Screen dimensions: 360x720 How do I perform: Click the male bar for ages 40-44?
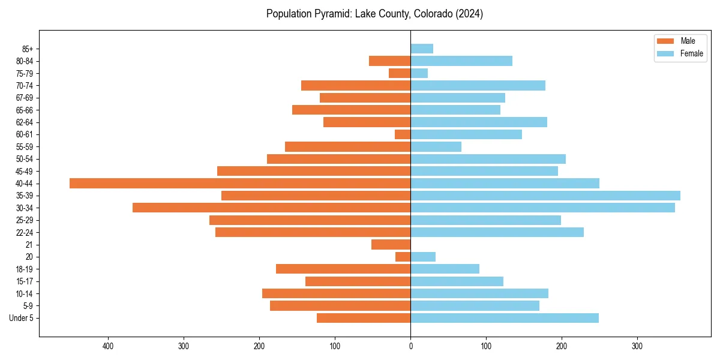point(240,183)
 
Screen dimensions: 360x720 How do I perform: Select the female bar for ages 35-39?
point(545,196)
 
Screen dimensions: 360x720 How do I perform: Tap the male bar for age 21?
point(391,244)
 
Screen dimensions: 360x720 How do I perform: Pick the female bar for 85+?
point(422,49)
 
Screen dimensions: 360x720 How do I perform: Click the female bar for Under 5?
point(504,318)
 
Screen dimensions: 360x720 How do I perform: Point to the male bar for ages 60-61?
point(403,134)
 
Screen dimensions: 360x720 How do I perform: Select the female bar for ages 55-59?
point(436,146)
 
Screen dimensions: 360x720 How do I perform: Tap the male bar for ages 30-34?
point(271,208)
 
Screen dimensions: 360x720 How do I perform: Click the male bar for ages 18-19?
point(343,269)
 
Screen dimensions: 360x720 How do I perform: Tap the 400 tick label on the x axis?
point(108,346)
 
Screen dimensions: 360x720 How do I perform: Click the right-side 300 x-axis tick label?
point(637,346)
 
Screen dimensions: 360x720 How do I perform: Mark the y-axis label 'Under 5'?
point(21,318)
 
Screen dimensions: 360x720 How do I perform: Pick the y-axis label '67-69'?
point(25,98)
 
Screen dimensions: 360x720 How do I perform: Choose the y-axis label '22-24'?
point(25,232)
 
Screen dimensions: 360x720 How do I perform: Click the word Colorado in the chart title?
point(433,14)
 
